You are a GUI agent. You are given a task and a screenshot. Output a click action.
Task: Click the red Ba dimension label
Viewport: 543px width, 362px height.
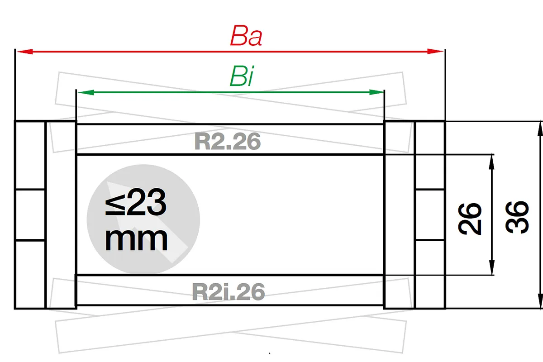click(x=246, y=36)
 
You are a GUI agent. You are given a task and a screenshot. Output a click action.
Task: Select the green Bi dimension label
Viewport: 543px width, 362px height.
click(x=242, y=76)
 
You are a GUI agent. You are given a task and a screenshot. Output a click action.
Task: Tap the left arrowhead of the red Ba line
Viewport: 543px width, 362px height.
click(x=25, y=52)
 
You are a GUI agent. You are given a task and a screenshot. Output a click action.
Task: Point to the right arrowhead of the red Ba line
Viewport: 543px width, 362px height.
click(x=435, y=52)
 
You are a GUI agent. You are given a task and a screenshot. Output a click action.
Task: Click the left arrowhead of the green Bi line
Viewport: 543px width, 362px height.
click(x=86, y=92)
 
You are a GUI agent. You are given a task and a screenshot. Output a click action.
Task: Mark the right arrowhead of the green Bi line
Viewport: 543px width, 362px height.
click(x=376, y=92)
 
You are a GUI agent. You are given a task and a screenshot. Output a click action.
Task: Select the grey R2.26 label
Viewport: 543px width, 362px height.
click(x=227, y=142)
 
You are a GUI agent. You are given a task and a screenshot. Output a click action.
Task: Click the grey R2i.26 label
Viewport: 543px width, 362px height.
click(x=228, y=291)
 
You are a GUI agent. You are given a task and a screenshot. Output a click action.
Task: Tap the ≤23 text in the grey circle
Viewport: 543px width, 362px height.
click(x=136, y=202)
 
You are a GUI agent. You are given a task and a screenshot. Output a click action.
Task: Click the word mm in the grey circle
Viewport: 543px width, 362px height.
click(x=136, y=239)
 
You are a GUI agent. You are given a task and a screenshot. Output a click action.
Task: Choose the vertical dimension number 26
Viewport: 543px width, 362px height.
click(x=470, y=219)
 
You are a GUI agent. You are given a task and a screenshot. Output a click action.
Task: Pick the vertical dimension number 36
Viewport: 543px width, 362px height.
click(x=517, y=217)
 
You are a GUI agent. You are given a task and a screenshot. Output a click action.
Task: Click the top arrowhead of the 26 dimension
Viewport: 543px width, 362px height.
click(x=491, y=162)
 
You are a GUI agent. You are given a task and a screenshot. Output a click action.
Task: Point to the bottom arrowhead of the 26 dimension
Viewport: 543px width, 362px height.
click(x=491, y=267)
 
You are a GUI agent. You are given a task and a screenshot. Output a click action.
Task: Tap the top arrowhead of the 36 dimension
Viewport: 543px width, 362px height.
click(x=540, y=129)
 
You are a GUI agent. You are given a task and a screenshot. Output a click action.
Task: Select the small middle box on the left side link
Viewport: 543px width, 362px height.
click(x=30, y=214)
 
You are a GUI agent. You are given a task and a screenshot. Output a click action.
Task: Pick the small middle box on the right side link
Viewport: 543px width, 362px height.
click(x=430, y=214)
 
